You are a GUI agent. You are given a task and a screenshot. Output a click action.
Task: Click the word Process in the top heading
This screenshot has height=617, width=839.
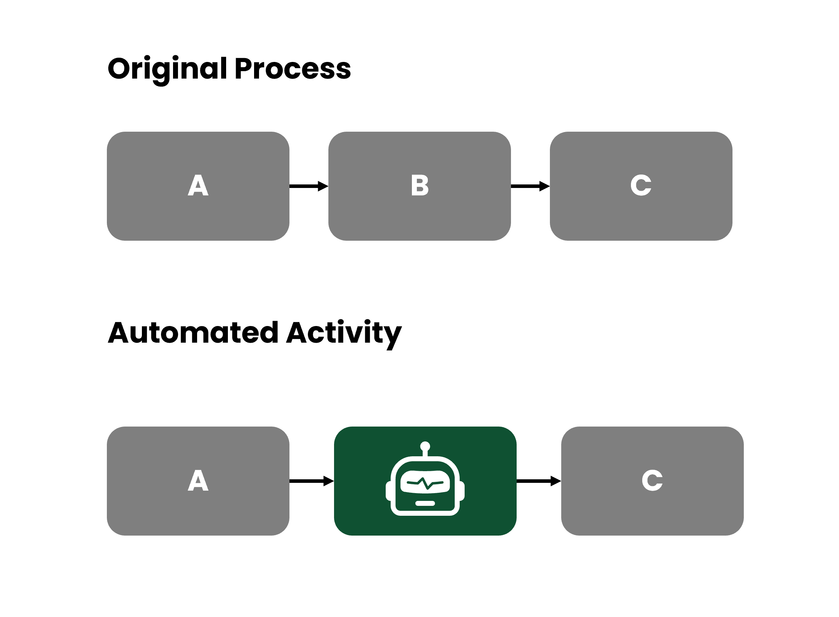tap(293, 69)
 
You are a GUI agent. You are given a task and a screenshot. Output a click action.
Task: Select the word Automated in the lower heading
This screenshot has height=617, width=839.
tap(193, 333)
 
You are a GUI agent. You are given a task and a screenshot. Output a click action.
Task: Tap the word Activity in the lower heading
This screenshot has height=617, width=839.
tap(344, 333)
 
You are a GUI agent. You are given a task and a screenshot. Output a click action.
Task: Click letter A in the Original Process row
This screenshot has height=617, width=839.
tap(198, 185)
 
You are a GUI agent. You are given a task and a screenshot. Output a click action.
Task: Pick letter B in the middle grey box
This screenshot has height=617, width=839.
tap(419, 185)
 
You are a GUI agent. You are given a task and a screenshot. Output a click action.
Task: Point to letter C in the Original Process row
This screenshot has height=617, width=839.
tap(641, 185)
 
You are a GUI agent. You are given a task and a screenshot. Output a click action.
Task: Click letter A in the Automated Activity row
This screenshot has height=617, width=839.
tap(198, 481)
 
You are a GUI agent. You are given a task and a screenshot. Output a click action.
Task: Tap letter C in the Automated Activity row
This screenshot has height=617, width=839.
tap(652, 481)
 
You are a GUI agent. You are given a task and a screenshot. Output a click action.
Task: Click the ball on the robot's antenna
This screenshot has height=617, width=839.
tap(425, 446)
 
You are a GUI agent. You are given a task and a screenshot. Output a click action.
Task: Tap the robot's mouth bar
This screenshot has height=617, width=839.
tap(425, 503)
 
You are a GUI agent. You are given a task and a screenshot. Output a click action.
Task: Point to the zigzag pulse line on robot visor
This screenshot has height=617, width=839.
tap(425, 483)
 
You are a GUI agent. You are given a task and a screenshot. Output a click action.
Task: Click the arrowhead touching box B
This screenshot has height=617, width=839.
tap(323, 186)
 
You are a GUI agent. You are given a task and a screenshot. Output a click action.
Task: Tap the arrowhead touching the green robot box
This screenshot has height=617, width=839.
tap(329, 481)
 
